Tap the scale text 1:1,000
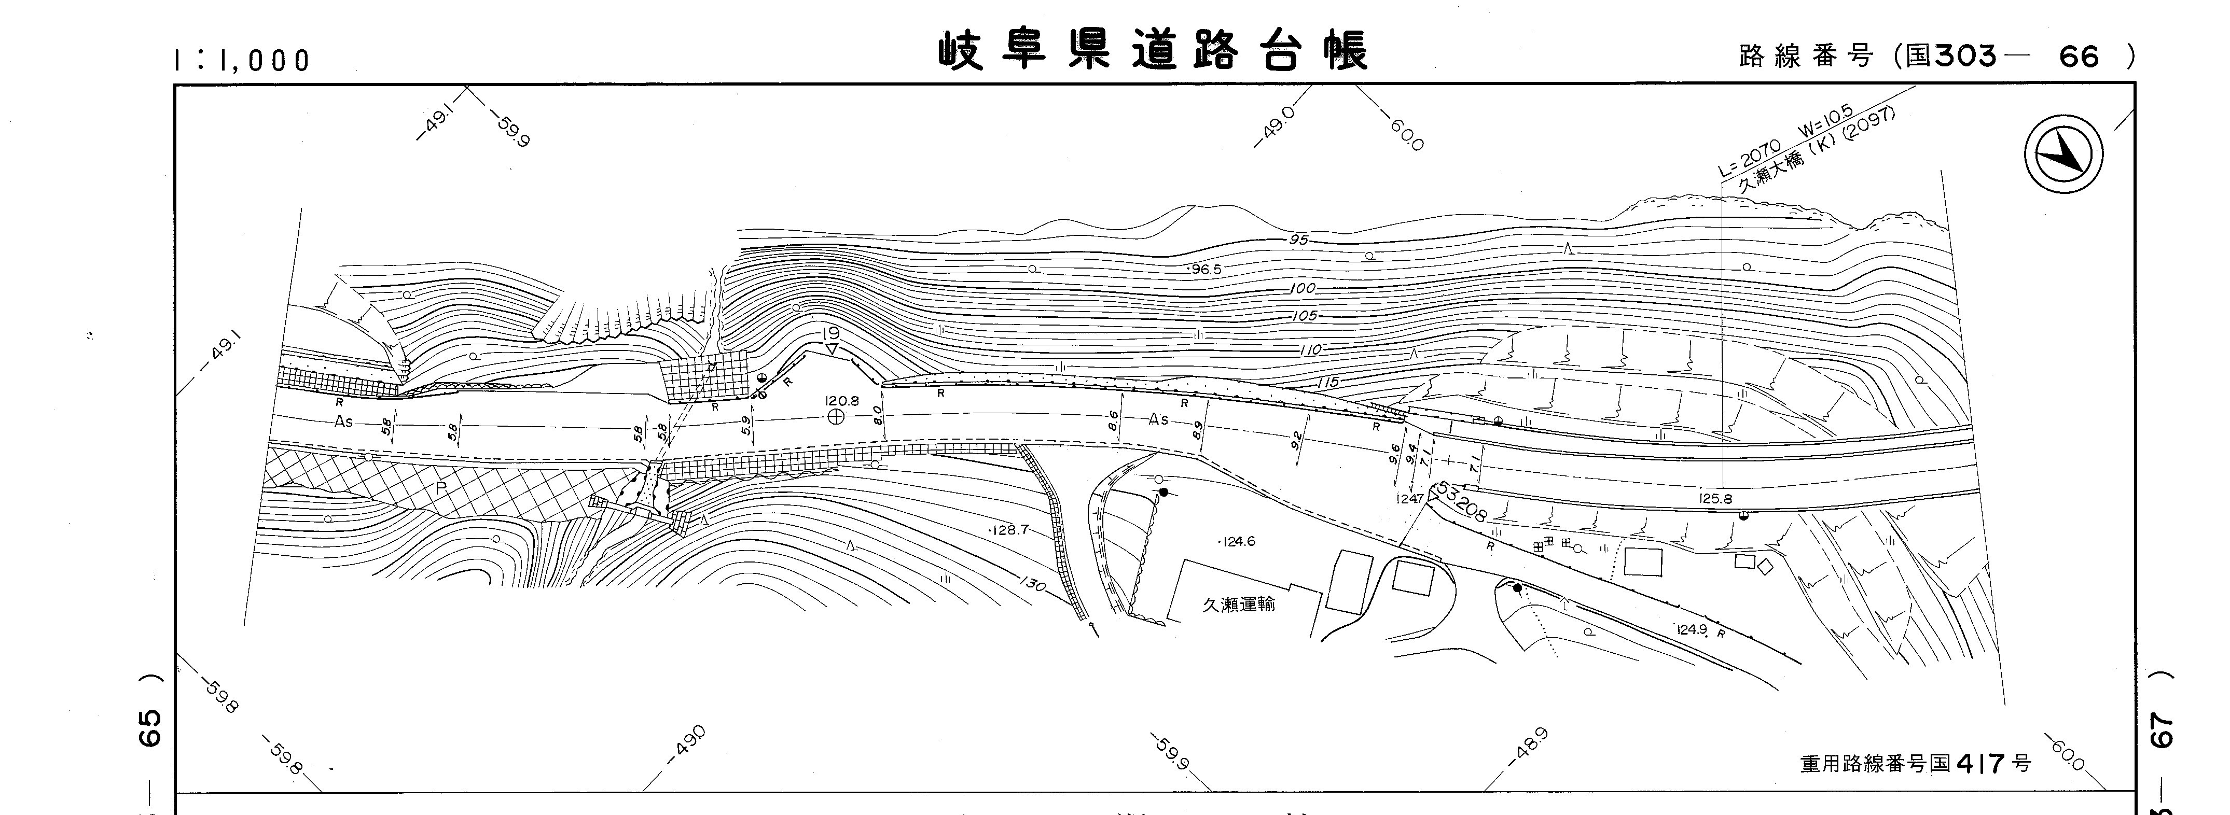[242, 60]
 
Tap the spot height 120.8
[841, 401]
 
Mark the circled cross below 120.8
[835, 417]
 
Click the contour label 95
[1298, 239]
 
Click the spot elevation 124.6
[1238, 542]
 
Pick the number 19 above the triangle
[832, 333]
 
